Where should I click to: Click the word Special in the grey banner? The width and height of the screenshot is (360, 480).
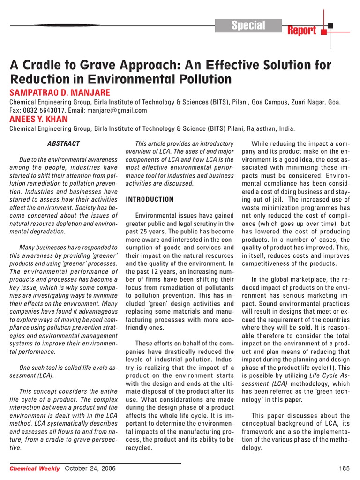tap(248, 25)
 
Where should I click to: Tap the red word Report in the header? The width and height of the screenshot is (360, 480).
tap(302, 31)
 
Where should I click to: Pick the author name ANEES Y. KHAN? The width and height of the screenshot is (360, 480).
tap(39, 119)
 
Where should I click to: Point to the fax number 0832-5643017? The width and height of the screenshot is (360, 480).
tap(43, 110)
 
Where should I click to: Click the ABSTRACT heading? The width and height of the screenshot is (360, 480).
tap(64, 143)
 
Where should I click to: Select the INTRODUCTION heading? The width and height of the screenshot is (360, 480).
tap(150, 199)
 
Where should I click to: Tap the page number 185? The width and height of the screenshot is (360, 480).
tap(344, 469)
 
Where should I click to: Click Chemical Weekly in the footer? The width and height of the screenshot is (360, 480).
tap(35, 469)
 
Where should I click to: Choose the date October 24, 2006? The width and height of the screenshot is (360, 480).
tap(90, 469)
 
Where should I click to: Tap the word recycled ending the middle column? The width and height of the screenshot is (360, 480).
tap(139, 448)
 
